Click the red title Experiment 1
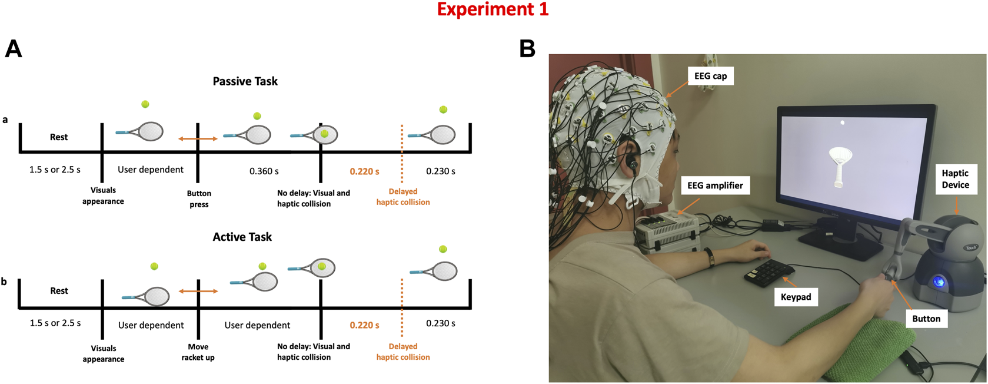click(x=493, y=9)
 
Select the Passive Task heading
click(x=245, y=81)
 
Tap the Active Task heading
click(x=242, y=237)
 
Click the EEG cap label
click(x=710, y=76)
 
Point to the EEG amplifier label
click(x=715, y=186)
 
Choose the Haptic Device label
click(x=955, y=179)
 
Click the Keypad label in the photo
click(x=796, y=297)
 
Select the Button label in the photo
click(x=926, y=319)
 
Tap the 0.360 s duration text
click(x=264, y=171)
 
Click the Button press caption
click(x=199, y=199)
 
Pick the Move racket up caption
click(x=198, y=352)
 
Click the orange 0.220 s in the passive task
click(x=364, y=171)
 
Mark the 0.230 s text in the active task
click(x=440, y=323)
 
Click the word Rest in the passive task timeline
click(x=59, y=137)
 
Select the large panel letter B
click(x=527, y=49)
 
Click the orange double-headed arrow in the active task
click(x=198, y=291)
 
